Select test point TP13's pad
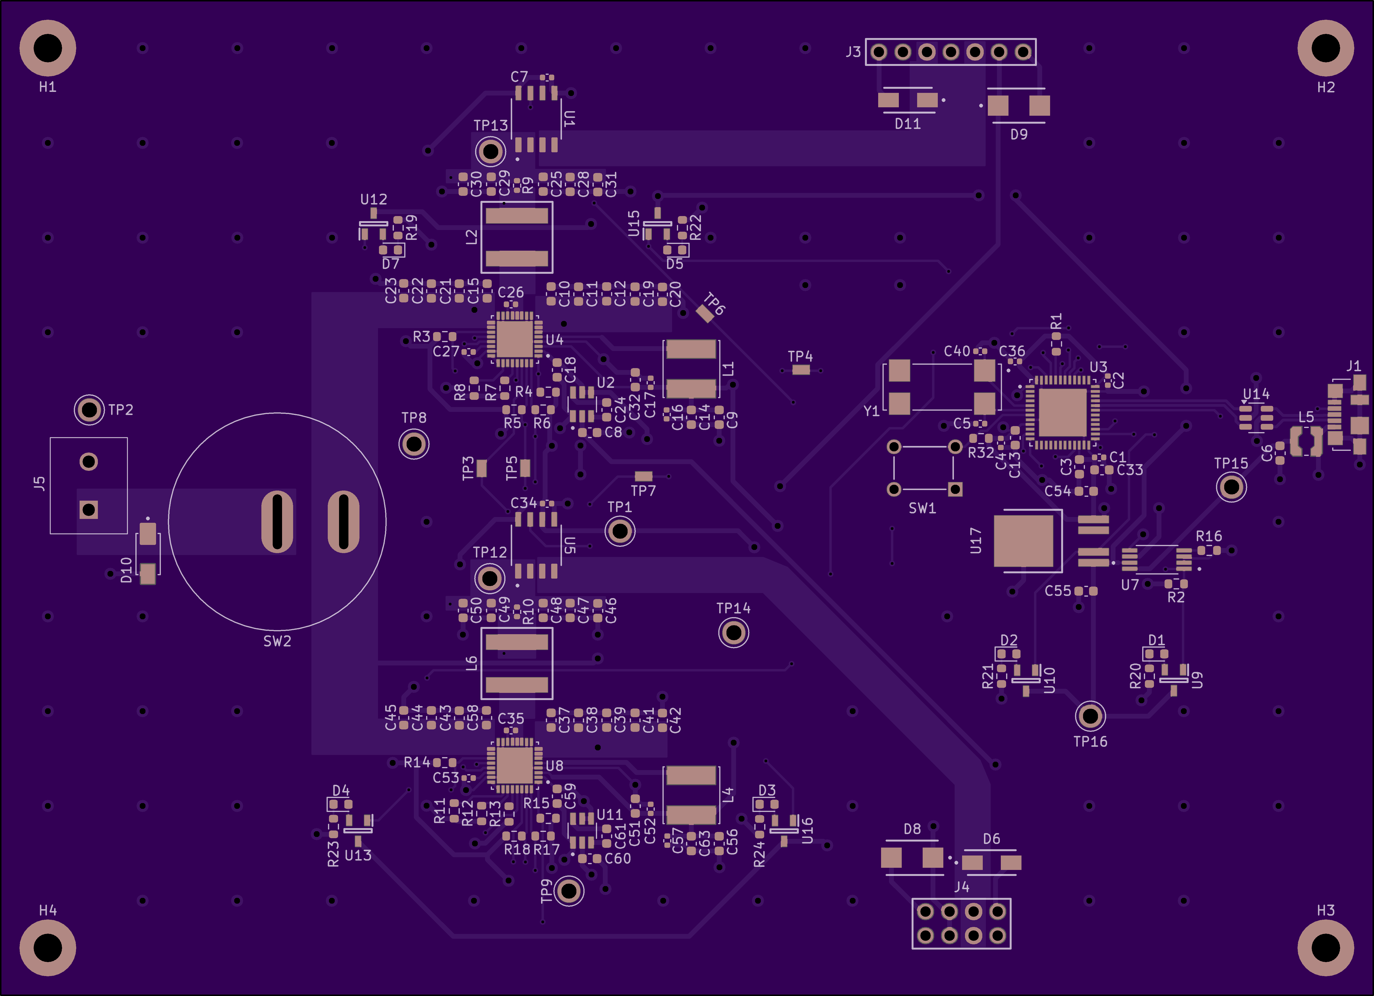click(x=490, y=151)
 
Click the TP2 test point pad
click(x=89, y=410)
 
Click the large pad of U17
click(x=1024, y=541)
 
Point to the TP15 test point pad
click(x=1231, y=487)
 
